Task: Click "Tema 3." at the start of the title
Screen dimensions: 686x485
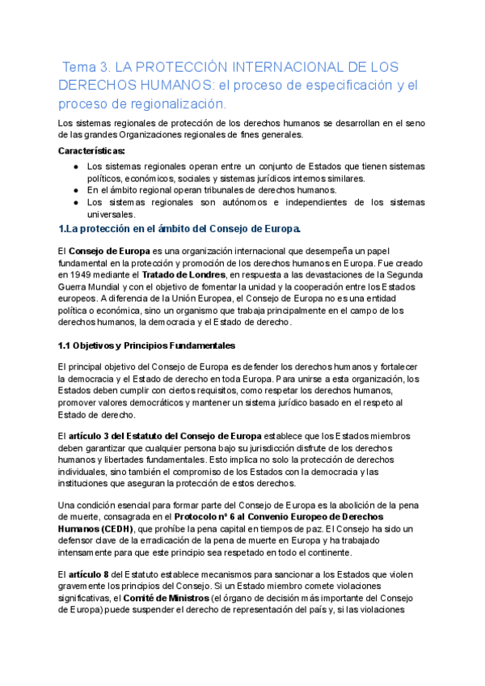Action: point(85,67)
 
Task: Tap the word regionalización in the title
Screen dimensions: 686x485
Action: point(171,104)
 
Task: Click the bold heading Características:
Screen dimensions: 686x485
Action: point(92,150)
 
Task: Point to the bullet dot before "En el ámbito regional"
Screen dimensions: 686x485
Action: point(75,190)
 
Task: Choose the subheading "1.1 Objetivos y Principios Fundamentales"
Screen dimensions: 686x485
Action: point(146,345)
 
